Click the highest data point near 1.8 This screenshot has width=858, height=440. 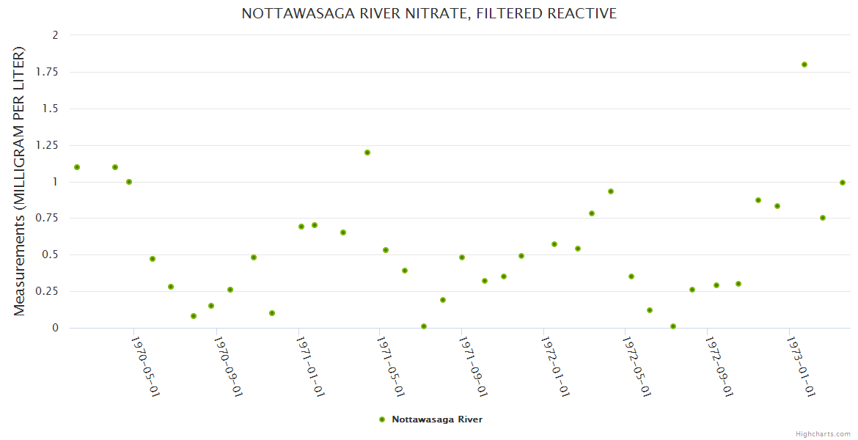pos(804,65)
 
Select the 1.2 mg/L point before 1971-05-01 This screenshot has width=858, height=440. pos(367,153)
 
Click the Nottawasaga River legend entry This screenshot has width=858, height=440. pos(436,419)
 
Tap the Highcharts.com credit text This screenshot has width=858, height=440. pos(823,433)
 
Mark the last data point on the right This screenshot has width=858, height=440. pos(843,183)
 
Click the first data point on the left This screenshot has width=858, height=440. pos(77,167)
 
